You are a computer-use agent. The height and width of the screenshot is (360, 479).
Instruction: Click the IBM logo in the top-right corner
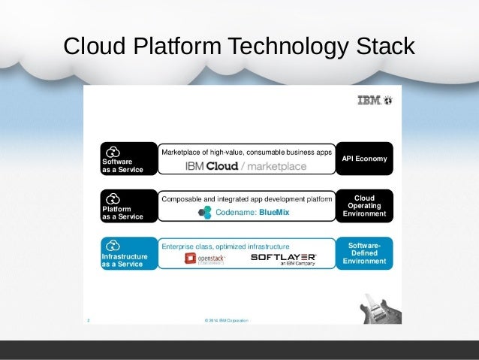[375, 100]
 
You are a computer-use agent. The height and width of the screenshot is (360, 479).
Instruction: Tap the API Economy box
[364, 159]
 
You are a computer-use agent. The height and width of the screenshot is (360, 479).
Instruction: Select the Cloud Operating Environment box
[364, 206]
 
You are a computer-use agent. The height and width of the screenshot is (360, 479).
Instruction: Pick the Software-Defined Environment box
[364, 253]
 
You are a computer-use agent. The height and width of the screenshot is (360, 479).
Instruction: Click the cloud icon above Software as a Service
[113, 150]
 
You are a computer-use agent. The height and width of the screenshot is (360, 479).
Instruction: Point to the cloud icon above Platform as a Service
[113, 198]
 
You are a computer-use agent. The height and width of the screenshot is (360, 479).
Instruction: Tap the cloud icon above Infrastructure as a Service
[113, 245]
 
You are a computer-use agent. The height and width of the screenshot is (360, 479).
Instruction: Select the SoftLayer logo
[283, 259]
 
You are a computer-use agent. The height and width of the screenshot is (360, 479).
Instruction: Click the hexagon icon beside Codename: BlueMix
[204, 213]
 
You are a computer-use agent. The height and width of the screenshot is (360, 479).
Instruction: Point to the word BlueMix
[273, 213]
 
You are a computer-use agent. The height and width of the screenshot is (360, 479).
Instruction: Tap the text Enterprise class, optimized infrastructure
[225, 246]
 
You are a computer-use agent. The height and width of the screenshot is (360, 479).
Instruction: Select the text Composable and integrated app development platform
[246, 199]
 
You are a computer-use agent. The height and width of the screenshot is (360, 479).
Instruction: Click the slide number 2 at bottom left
[88, 320]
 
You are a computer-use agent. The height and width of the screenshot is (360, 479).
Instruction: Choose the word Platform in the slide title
[174, 46]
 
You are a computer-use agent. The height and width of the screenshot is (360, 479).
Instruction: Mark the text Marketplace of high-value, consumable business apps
[246, 152]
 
